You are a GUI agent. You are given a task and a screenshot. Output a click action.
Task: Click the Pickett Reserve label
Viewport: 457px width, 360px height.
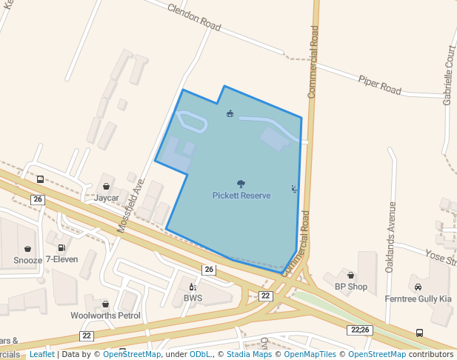point(241,196)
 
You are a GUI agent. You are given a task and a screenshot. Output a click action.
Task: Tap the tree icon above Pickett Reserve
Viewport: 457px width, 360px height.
point(241,184)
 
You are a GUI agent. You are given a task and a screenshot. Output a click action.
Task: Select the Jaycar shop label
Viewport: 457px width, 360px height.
point(107,199)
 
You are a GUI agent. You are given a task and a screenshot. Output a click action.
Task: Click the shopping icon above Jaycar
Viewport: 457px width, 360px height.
point(107,187)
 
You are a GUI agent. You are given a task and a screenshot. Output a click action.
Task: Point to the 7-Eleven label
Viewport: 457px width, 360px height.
point(61,260)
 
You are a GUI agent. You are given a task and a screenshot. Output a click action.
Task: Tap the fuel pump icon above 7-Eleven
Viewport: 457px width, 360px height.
point(61,248)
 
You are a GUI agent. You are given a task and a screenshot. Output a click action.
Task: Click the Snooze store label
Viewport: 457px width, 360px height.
point(27,261)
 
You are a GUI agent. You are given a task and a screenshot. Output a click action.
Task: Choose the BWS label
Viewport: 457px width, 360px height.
point(193,299)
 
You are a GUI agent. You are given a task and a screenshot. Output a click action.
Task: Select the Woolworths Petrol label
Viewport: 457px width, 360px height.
point(105,316)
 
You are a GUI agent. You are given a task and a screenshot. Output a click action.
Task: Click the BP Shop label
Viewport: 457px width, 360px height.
point(350,287)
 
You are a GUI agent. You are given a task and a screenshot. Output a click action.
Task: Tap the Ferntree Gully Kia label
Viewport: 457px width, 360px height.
point(418,299)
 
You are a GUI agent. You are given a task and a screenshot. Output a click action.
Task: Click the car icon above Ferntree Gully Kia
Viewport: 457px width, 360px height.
point(418,287)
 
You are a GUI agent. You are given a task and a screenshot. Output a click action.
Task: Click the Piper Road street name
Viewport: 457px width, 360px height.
point(379,84)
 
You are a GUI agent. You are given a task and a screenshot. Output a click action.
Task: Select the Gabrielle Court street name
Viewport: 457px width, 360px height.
point(449,74)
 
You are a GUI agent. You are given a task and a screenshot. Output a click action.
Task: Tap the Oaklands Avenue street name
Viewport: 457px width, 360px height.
point(393,237)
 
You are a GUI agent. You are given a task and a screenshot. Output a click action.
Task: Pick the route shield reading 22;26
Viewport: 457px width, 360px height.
point(361,330)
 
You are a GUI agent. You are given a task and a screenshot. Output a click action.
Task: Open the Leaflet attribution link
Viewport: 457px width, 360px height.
point(41,355)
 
